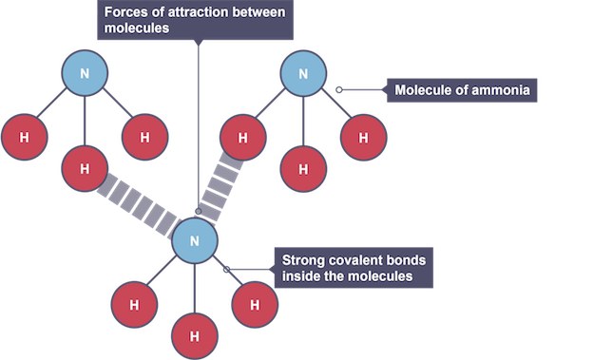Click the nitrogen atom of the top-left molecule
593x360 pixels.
pos(85,73)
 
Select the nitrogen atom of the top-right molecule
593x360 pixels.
pos(303,73)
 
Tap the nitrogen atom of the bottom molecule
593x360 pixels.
pos(195,241)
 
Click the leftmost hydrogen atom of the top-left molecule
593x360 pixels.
pos(24,137)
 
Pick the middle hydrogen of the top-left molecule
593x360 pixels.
pos(85,169)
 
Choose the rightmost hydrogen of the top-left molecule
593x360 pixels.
pos(144,137)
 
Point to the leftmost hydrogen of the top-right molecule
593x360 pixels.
pos(242,138)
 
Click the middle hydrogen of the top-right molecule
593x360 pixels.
pos(303,169)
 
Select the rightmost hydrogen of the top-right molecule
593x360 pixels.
pos(363,138)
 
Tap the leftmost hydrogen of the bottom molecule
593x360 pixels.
pos(134,304)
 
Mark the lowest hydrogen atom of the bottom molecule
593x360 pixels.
pos(195,336)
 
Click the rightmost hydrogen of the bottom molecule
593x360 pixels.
pos(255,304)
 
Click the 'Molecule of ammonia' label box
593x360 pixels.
pos(462,90)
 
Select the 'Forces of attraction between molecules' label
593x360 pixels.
pos(195,20)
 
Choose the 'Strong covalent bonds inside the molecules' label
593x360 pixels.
pos(354,268)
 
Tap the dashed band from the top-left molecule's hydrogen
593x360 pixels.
pos(138,206)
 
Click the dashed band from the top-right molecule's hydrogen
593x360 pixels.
pos(221,187)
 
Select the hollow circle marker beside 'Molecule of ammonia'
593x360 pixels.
pos(339,89)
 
